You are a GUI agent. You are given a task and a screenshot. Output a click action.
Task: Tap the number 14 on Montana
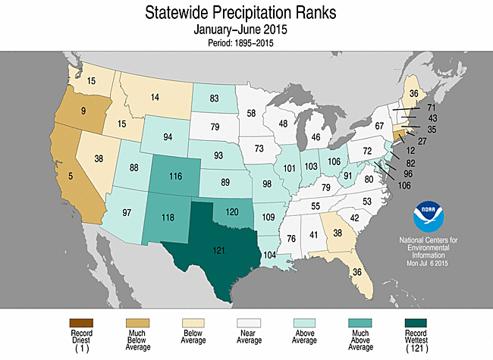tap(155, 97)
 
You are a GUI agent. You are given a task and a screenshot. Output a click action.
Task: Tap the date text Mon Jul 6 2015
tap(432, 262)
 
